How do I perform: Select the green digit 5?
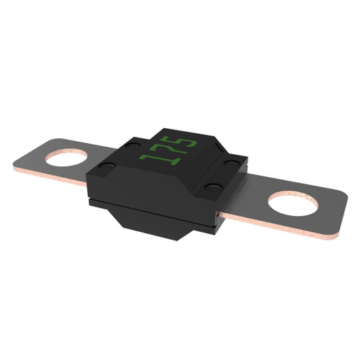(x=181, y=142)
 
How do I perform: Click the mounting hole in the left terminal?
(x=66, y=158)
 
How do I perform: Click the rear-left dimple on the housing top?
(x=132, y=145)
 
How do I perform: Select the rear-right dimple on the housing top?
(x=232, y=163)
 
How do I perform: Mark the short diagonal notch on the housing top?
(x=220, y=147)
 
